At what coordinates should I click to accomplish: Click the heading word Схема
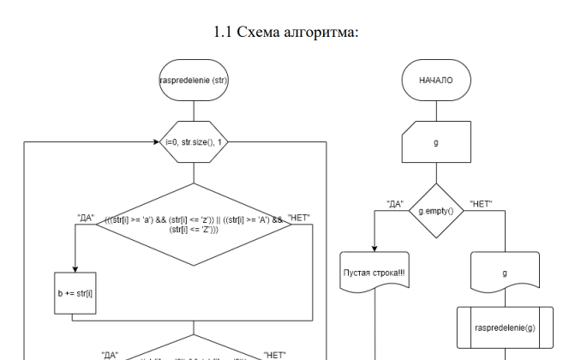pos(261,33)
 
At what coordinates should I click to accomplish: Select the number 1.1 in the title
pos(223,33)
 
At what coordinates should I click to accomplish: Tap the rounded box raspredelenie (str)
pos(194,81)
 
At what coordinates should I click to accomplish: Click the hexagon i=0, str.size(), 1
pos(194,141)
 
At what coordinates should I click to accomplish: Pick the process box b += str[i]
pos(75,292)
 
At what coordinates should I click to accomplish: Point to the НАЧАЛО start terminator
pos(436,81)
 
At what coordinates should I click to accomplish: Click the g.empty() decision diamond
pos(436,210)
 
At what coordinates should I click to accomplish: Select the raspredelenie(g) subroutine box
pos(506,327)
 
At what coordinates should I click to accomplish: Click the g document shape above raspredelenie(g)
pos(506,273)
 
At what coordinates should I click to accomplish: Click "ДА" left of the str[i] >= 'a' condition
pos(86,216)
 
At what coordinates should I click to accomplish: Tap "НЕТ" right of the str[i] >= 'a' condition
pos(301,217)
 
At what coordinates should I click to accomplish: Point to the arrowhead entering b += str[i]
pos(75,267)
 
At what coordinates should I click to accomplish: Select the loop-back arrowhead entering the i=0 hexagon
pos(159,141)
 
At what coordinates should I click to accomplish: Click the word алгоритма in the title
pos(321,33)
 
